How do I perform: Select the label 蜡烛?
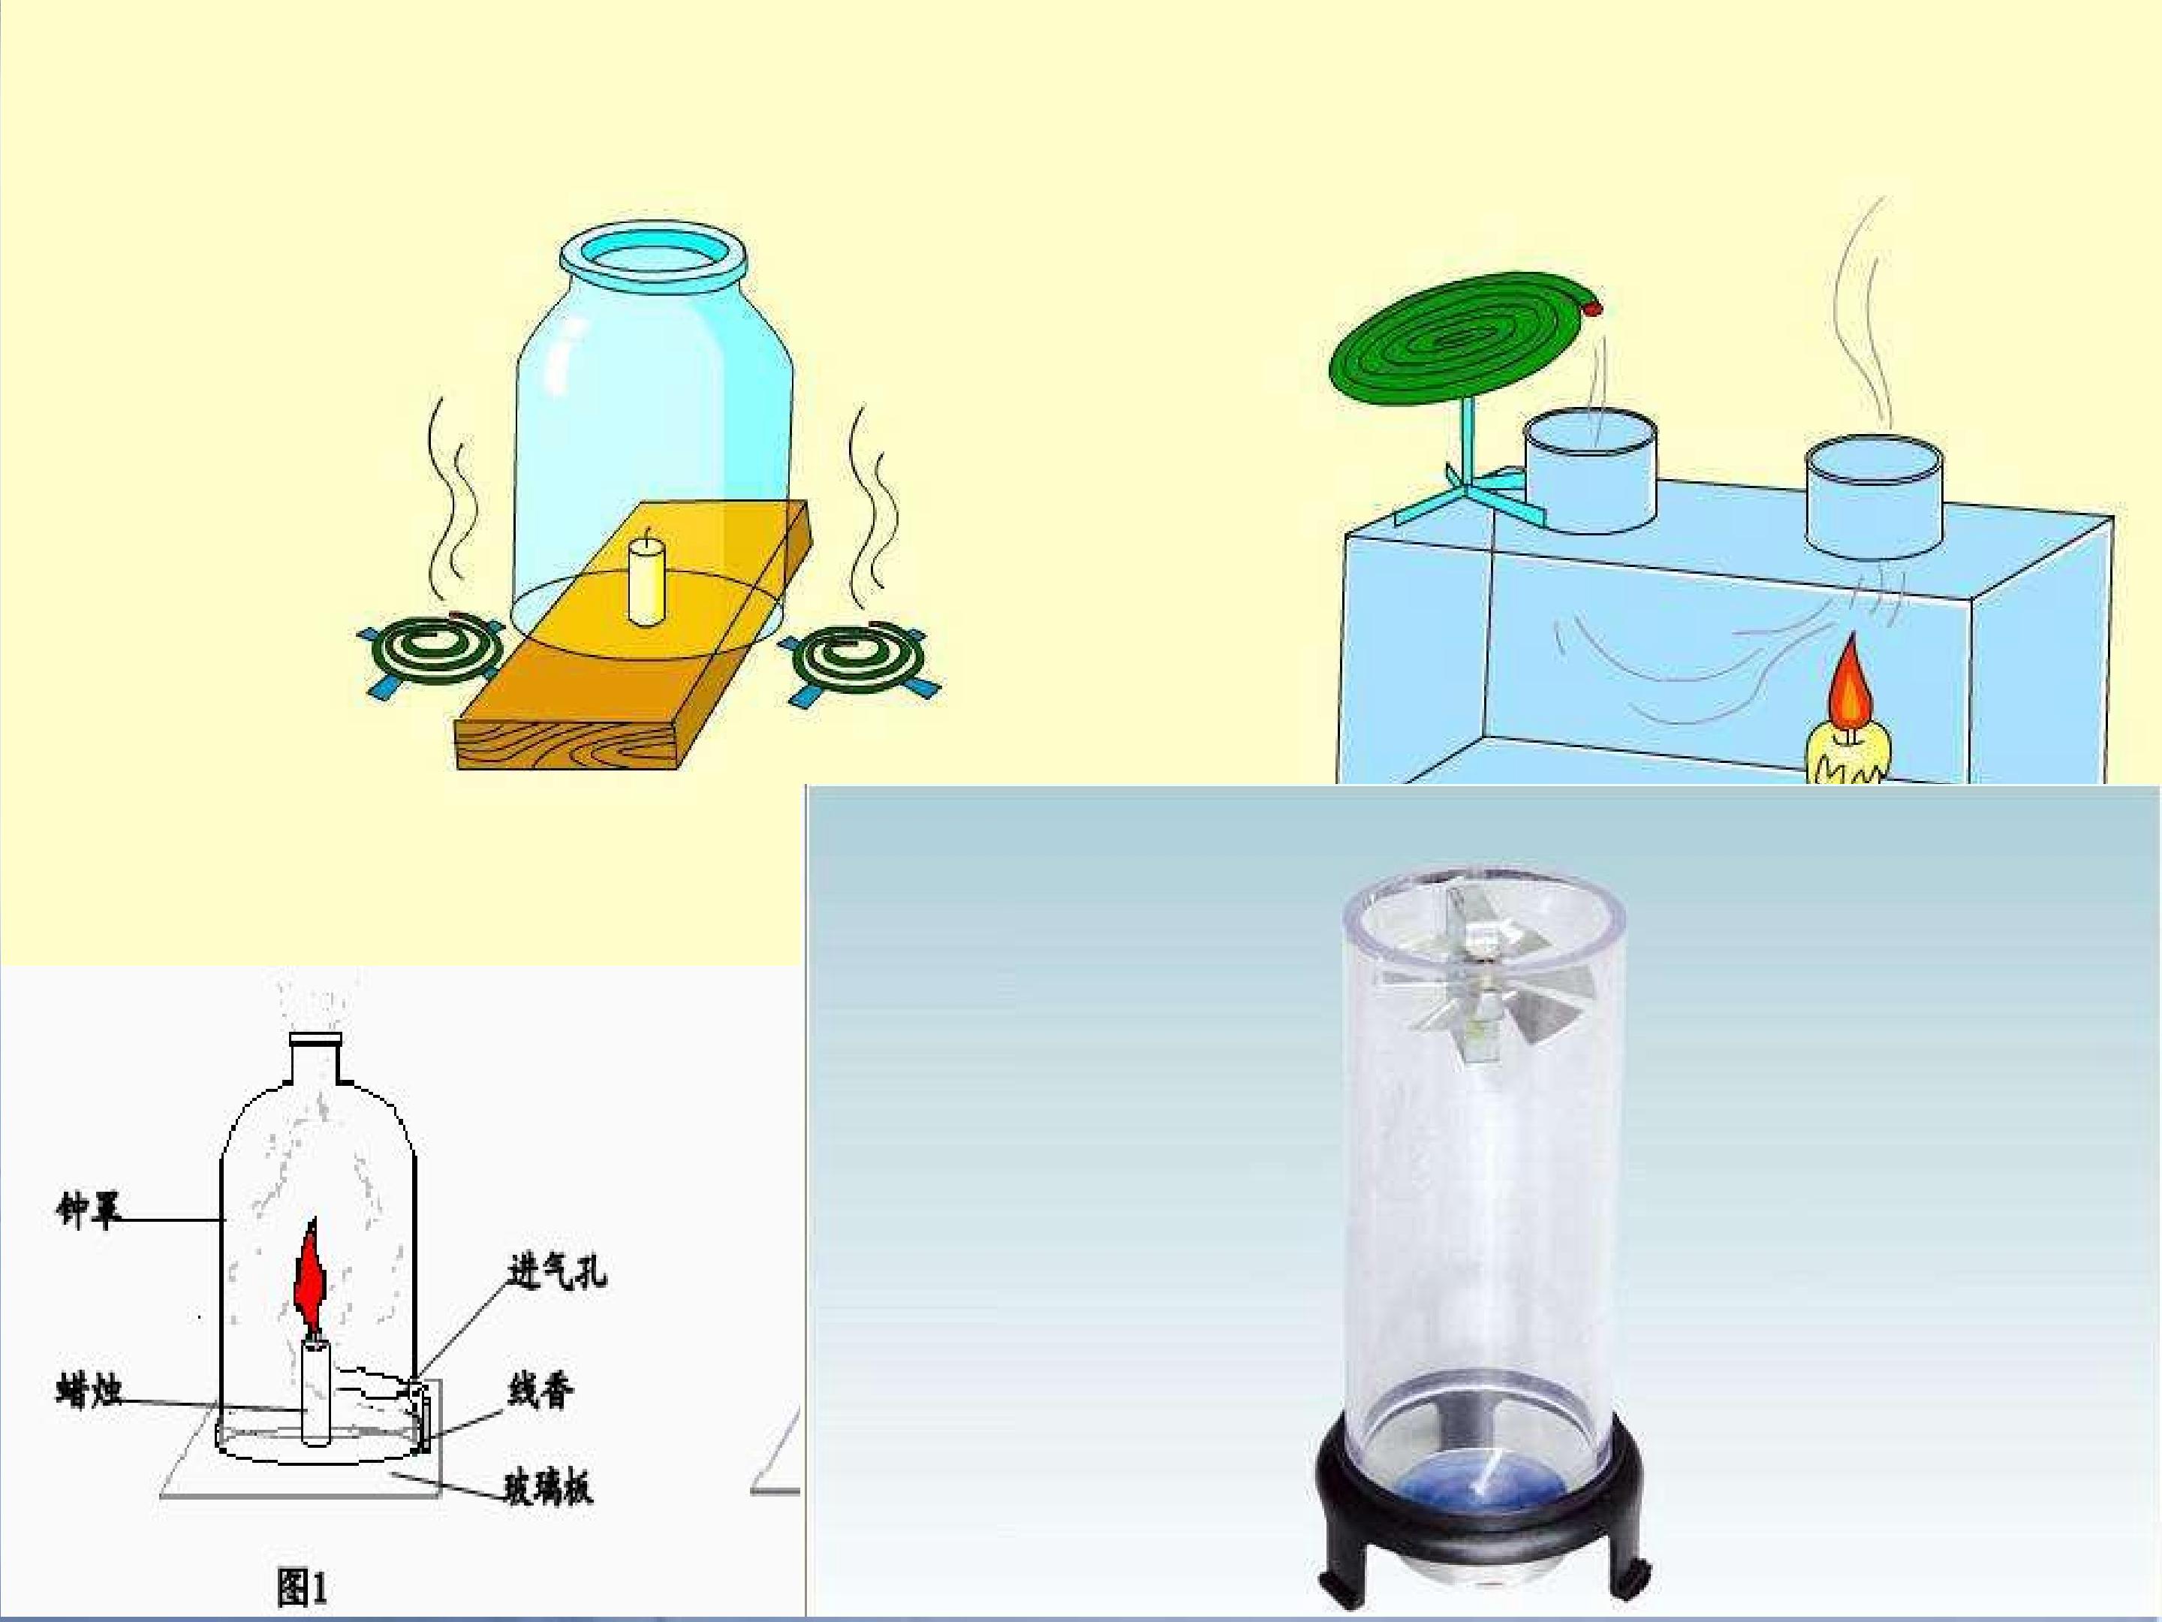tap(89, 1389)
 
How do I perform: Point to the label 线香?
tap(540, 1389)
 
